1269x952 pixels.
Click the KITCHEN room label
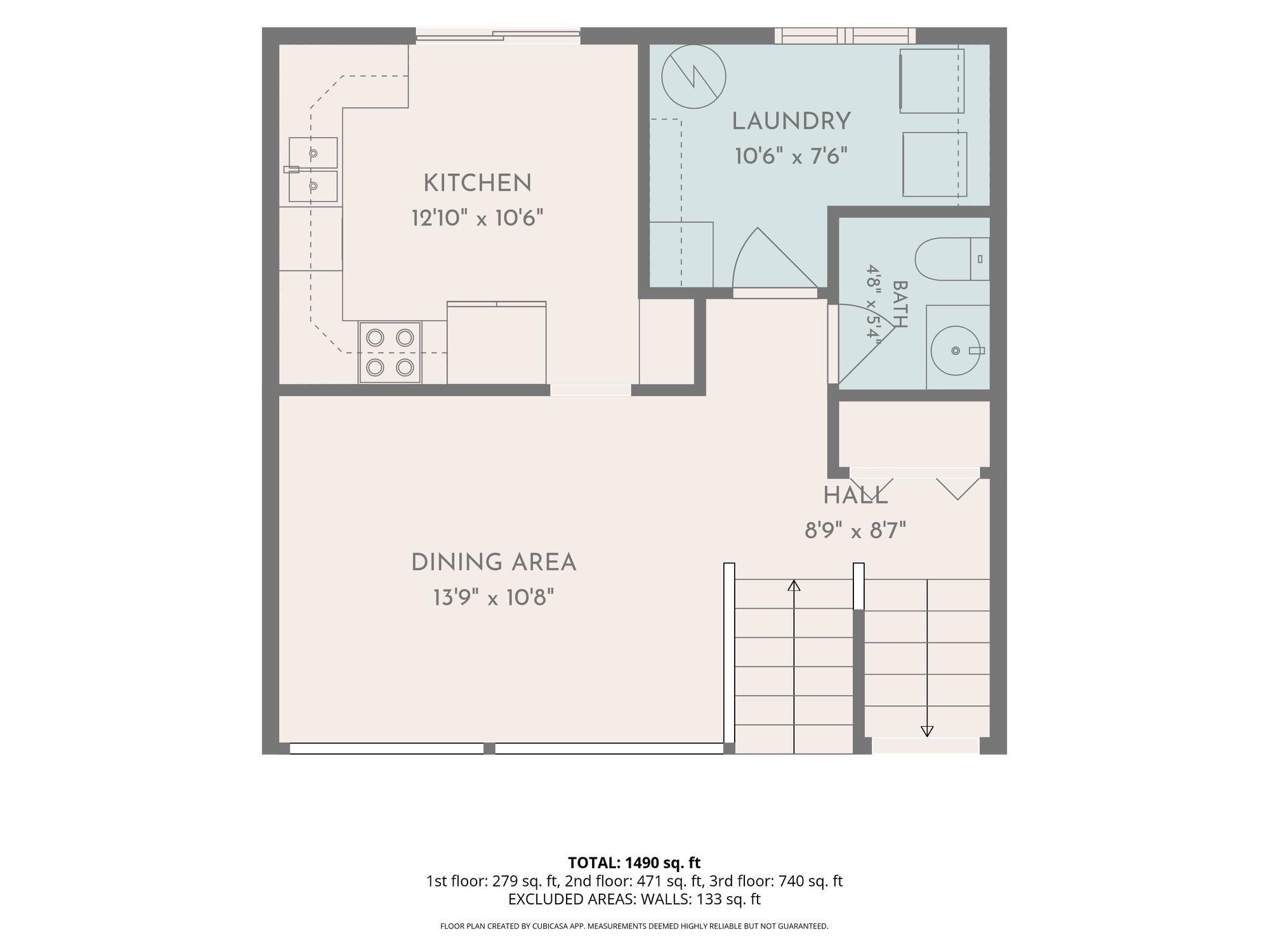tap(477, 183)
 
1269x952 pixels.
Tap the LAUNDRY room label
tap(791, 121)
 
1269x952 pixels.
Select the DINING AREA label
tap(494, 563)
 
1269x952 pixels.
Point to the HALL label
tap(855, 496)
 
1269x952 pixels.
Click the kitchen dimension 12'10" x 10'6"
tap(477, 218)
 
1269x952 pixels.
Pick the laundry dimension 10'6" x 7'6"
tap(791, 156)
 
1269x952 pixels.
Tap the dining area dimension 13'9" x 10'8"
tap(494, 598)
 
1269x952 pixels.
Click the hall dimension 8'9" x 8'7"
tap(855, 531)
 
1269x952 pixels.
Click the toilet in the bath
tap(952, 259)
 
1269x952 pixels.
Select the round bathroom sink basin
tap(955, 350)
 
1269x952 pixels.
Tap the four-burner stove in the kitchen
tap(390, 352)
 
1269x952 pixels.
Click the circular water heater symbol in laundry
tap(694, 77)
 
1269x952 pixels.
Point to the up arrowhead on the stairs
tap(794, 585)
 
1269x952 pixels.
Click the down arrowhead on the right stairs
tap(927, 731)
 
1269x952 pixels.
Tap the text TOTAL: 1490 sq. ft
tap(634, 863)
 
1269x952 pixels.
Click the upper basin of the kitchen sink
tap(313, 153)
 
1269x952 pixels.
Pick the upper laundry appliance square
tap(932, 81)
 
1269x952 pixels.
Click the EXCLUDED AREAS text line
tap(634, 899)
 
